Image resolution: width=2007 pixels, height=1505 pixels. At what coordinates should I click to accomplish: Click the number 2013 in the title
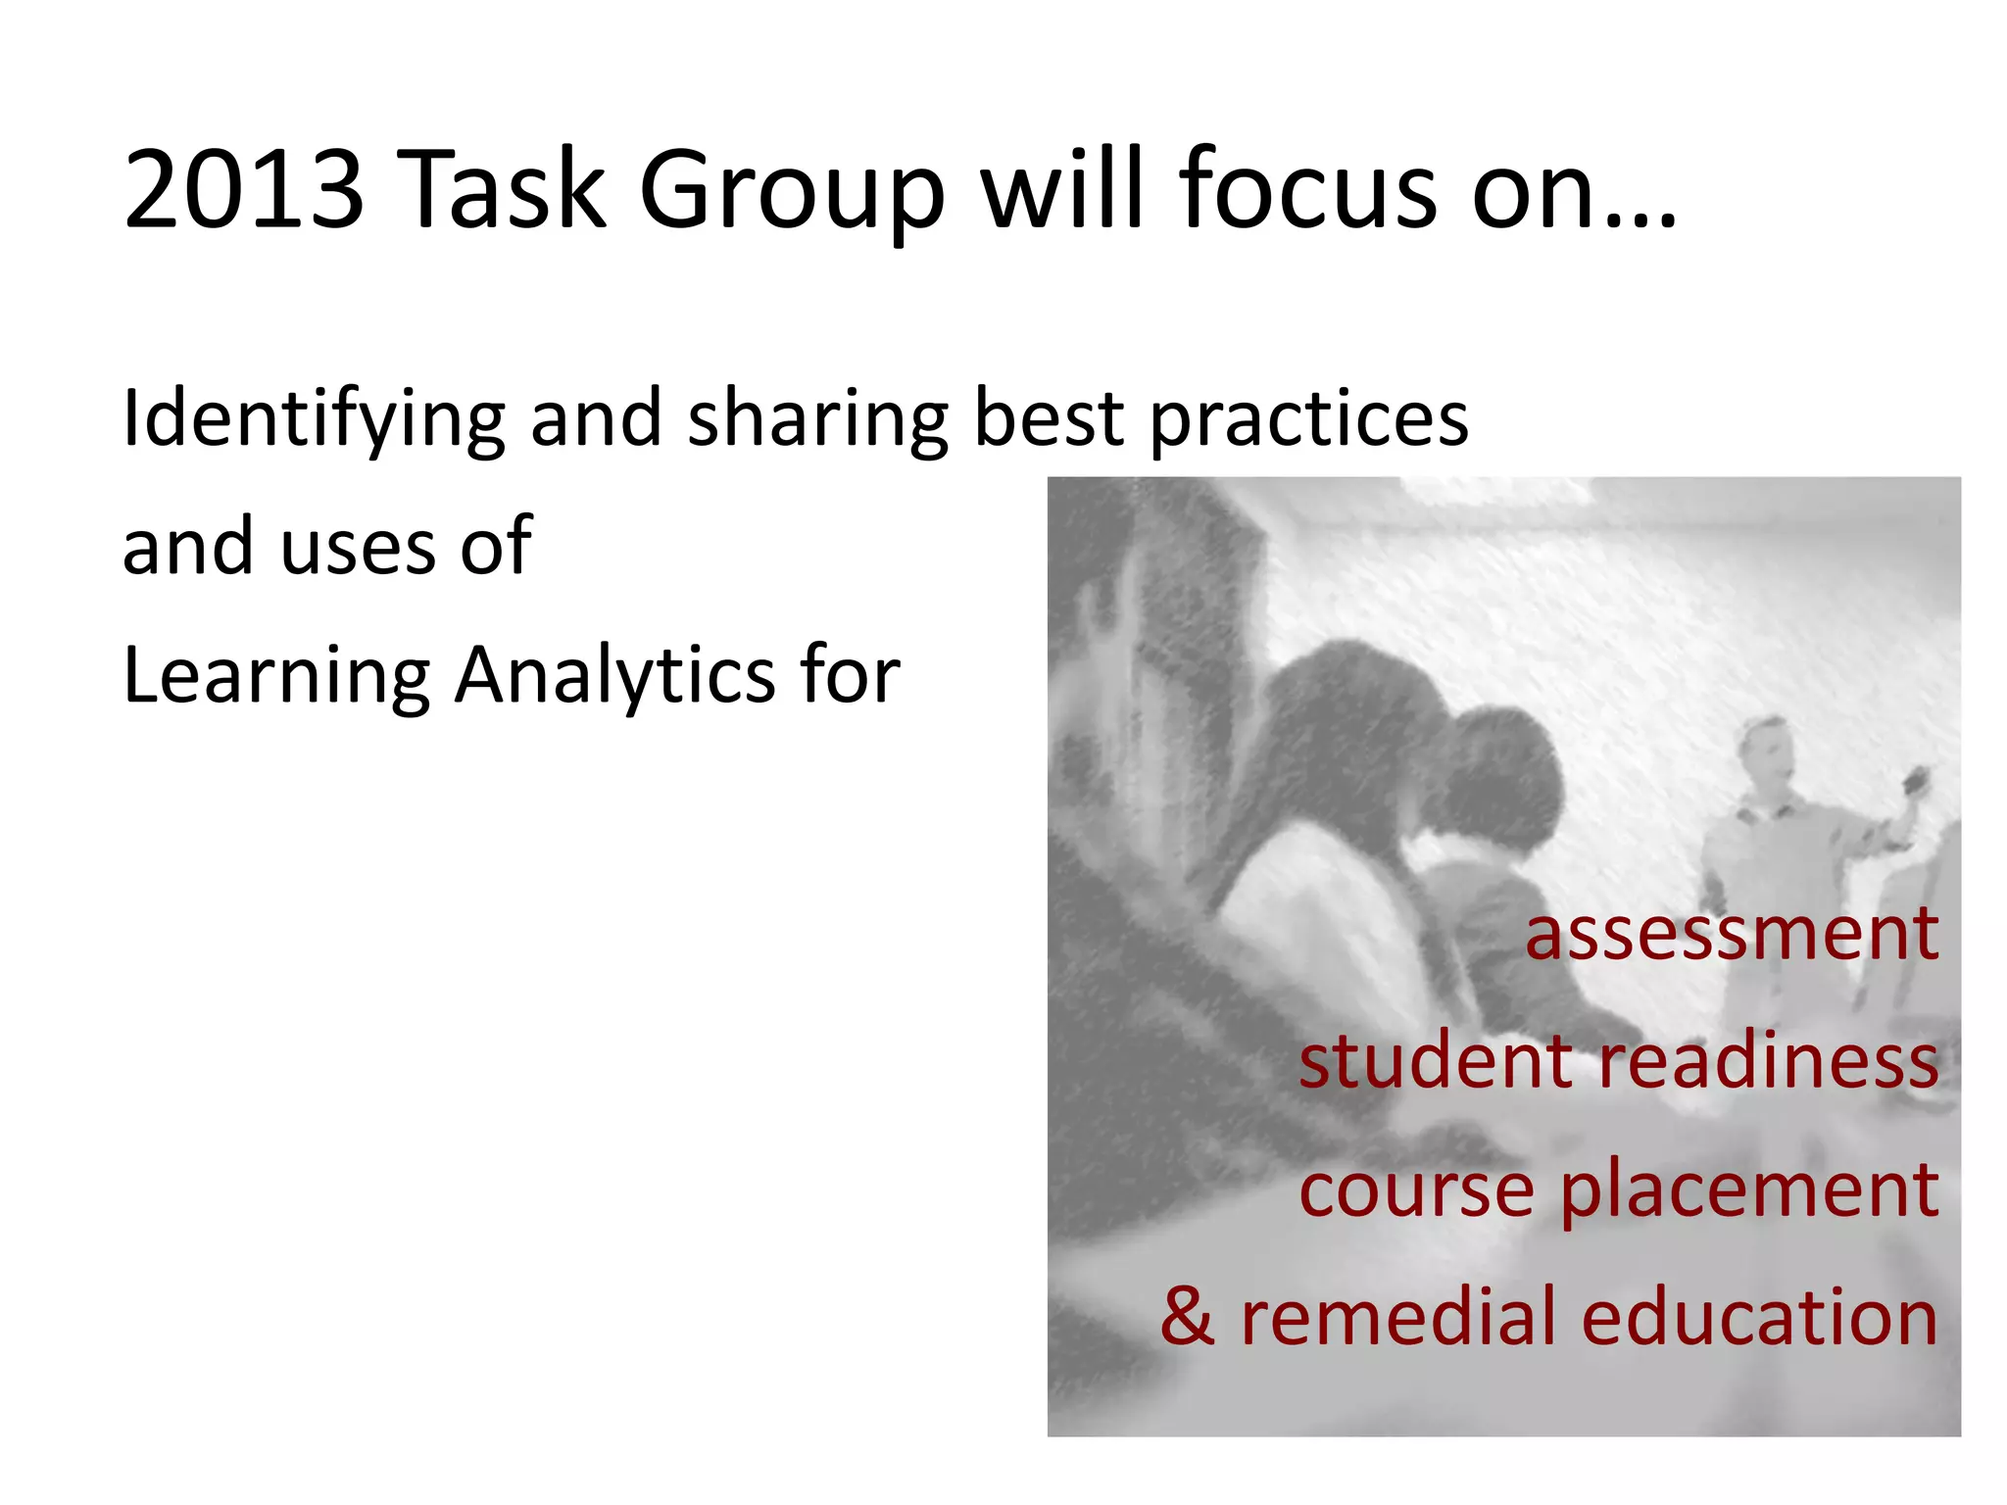pyautogui.click(x=243, y=189)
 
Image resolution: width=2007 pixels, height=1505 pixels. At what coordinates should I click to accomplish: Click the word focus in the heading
pyautogui.click(x=1308, y=189)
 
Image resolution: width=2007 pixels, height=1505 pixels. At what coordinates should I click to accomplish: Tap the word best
pyautogui.click(x=1049, y=419)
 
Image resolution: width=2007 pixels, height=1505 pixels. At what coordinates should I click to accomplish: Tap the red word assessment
pyautogui.click(x=1732, y=934)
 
